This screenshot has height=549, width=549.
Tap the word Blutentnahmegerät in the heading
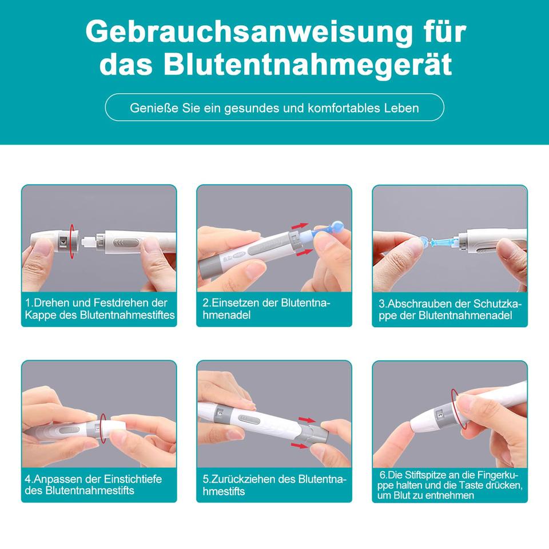click(308, 65)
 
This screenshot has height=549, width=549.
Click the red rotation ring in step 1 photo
click(72, 241)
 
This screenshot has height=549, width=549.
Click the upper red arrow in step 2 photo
click(300, 226)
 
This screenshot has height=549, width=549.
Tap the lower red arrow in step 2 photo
click(304, 252)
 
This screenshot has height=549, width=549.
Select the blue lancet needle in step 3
click(444, 241)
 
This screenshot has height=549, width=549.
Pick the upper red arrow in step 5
click(307, 420)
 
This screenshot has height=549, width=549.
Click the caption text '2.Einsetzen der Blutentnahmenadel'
click(266, 309)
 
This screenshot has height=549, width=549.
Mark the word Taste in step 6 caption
click(473, 486)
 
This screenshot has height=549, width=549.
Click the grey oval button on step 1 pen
click(129, 242)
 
